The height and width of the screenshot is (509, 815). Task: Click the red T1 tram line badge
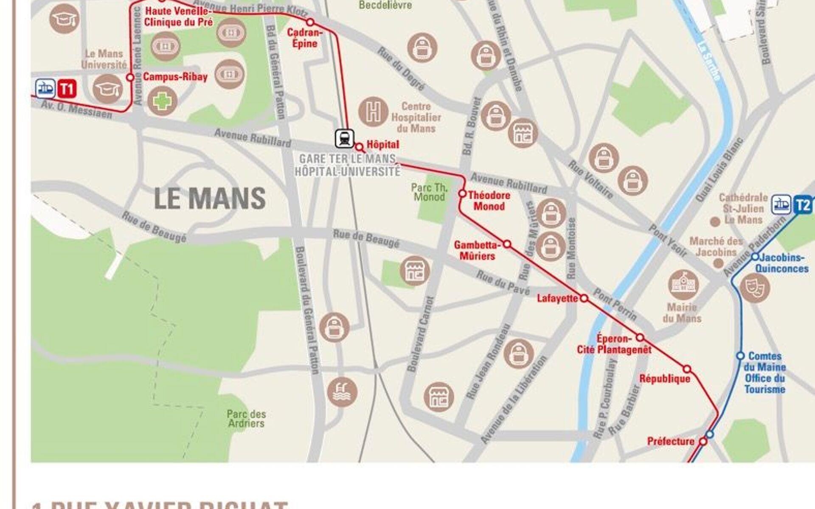pos(67,89)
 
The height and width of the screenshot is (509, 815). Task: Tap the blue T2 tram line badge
pos(803,205)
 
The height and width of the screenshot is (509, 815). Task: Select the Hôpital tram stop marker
pos(359,147)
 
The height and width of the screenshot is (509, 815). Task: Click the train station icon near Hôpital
pos(344,139)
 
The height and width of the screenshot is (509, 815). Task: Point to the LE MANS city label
pos(210,198)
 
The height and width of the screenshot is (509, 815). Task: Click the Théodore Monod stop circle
pos(462,194)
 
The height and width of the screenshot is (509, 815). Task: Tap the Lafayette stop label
pos(557,299)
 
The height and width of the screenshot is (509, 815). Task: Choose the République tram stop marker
pos(687,369)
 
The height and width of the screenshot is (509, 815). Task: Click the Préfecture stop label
pos(670,442)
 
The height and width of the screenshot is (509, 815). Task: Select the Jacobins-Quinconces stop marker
pos(755,257)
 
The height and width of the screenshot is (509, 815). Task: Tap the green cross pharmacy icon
pos(162,101)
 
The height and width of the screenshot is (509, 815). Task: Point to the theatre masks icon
pos(755,288)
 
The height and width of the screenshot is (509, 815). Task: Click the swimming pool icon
pos(342,392)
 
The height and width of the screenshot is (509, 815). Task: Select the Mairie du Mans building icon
pos(683,285)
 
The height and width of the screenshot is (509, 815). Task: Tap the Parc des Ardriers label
pos(246,419)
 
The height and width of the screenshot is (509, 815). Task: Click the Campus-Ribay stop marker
pos(130,77)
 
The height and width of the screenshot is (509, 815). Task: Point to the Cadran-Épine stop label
pos(304,38)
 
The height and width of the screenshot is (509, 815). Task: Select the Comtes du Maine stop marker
pos(740,355)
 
